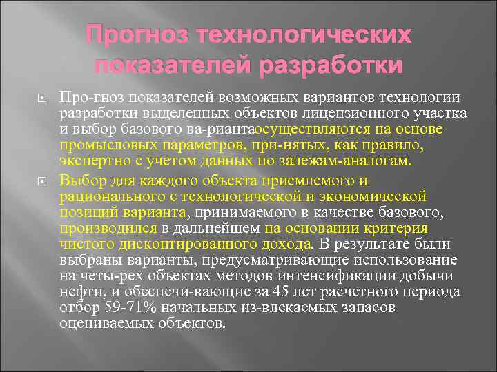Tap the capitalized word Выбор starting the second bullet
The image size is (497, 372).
(82, 180)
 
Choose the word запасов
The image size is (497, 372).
(370, 307)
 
